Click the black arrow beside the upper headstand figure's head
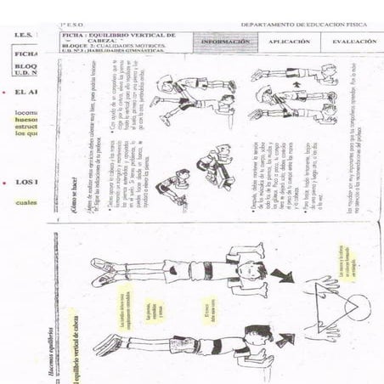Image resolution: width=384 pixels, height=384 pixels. [x=280, y=275]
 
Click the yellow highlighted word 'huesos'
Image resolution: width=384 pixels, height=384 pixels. [x=26, y=120]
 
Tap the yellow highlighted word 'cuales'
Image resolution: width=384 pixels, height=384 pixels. [x=26, y=201]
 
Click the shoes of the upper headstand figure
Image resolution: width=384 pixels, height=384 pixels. [x=102, y=272]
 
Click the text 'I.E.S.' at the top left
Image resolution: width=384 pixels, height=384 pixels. [x=23, y=36]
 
